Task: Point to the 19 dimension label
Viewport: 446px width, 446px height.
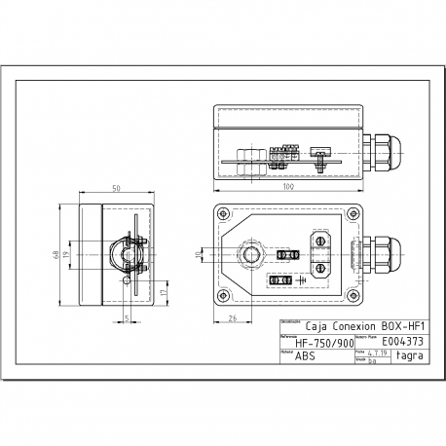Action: click(x=66, y=255)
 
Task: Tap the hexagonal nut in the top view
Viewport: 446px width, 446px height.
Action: click(x=250, y=255)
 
